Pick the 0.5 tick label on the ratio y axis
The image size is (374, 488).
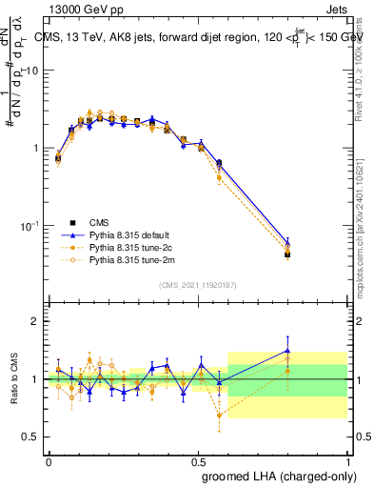[x=31, y=437]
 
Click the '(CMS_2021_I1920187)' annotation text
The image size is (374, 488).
[x=198, y=285]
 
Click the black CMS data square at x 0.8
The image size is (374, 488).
[x=287, y=254]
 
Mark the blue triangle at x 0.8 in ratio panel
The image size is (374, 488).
[x=287, y=351]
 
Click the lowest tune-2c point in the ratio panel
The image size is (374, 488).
[x=220, y=415]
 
